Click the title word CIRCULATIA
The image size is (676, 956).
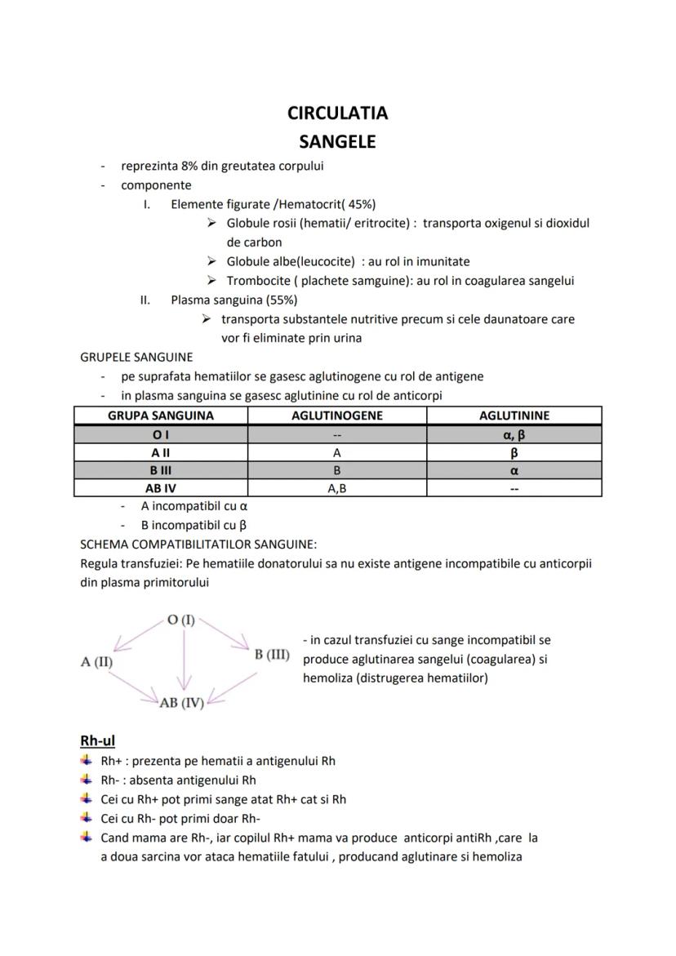pos(337,113)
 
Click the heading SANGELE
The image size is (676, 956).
pos(337,141)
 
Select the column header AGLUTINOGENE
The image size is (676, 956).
pos(337,416)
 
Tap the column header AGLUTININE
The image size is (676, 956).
pos(514,416)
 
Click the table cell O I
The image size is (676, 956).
pos(160,434)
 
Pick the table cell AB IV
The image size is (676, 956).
pos(160,488)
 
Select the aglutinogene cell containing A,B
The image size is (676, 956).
pos(337,488)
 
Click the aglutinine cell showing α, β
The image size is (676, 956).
pos(514,434)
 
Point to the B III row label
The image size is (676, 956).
pos(160,470)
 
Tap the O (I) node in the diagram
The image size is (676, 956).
pos(181,620)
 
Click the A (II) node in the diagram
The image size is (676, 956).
pos(96,662)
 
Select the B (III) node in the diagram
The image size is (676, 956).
pos(272,655)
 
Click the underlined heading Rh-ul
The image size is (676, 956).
pos(97,740)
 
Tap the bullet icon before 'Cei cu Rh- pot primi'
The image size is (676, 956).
pos(86,818)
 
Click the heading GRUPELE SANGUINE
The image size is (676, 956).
pos(136,357)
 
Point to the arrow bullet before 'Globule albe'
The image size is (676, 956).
pos(211,261)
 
